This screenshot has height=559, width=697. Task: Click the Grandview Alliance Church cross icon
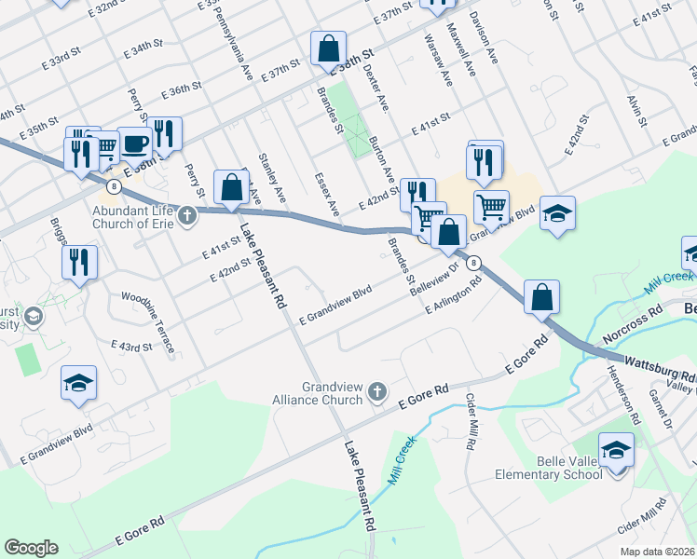(x=376, y=390)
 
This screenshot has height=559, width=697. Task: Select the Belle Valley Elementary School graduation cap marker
(x=616, y=452)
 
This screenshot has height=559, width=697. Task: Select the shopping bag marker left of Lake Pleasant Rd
(x=230, y=187)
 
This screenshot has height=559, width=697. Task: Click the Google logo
(x=31, y=548)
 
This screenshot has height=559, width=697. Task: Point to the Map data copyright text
(x=656, y=552)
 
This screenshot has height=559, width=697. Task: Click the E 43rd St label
(x=130, y=347)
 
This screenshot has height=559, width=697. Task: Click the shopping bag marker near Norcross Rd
(x=541, y=297)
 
